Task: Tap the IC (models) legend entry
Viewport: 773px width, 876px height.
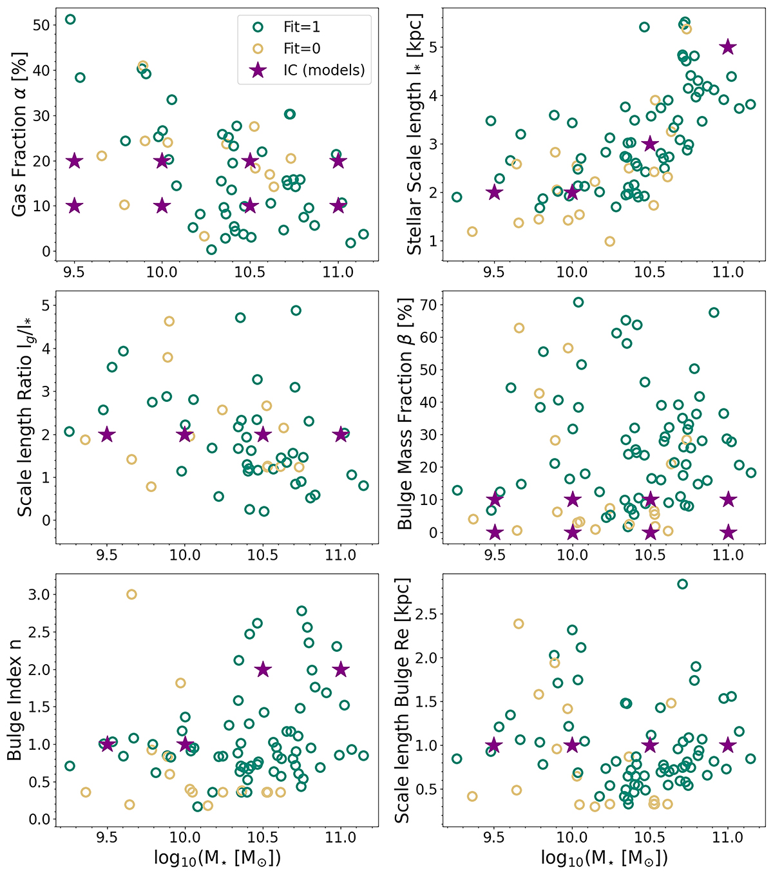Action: click(x=316, y=70)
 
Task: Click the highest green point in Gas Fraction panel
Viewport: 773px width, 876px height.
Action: click(x=70, y=19)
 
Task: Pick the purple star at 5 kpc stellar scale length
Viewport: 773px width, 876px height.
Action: click(x=728, y=47)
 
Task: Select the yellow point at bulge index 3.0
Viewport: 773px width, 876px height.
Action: click(x=131, y=595)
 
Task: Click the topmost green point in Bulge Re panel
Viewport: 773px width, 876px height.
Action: click(x=682, y=584)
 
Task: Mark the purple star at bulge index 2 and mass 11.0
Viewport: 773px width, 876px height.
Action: click(x=341, y=670)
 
